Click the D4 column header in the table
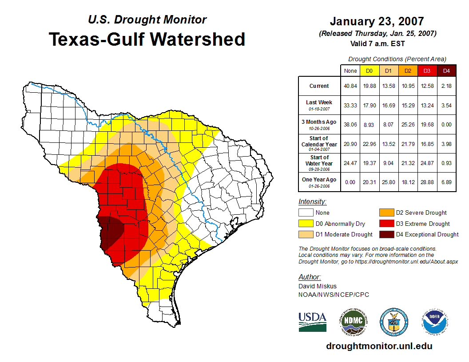tap(446, 71)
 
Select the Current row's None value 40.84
tap(350, 86)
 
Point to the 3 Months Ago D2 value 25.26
tap(407, 125)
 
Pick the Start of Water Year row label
tap(319, 163)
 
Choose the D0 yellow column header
tap(369, 71)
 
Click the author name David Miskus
tap(318, 286)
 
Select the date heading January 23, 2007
tap(377, 21)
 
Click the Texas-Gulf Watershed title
tap(147, 39)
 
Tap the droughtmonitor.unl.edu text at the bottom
tap(379, 346)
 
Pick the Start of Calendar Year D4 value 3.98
tap(446, 144)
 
